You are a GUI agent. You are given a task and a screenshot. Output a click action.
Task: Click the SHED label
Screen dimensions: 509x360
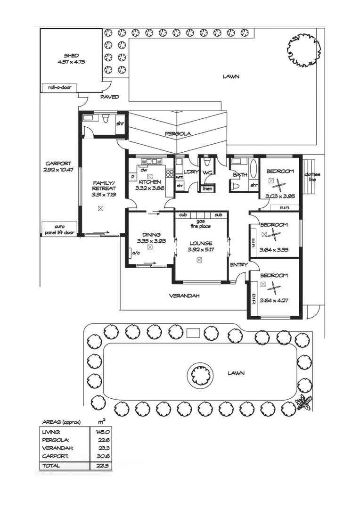tap(71, 55)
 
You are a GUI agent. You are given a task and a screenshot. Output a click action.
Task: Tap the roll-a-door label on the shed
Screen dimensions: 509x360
tap(59, 87)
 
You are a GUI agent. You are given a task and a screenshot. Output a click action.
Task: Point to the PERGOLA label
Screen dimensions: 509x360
tap(178, 133)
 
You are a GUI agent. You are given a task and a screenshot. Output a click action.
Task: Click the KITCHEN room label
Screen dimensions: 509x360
tap(150, 182)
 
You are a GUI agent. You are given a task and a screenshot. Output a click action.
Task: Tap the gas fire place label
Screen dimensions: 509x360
tap(201, 223)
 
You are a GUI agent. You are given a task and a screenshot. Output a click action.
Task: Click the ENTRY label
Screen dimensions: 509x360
tap(238, 265)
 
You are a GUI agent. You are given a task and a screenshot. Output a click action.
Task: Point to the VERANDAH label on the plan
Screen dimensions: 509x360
tap(184, 296)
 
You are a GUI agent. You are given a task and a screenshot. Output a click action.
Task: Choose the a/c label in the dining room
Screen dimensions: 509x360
tap(136, 253)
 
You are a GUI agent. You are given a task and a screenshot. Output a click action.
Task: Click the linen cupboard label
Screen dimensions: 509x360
tap(207, 189)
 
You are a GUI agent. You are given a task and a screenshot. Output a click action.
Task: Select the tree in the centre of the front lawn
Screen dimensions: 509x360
tap(200, 375)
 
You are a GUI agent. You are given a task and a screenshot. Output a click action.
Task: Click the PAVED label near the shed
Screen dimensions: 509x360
tap(109, 97)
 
